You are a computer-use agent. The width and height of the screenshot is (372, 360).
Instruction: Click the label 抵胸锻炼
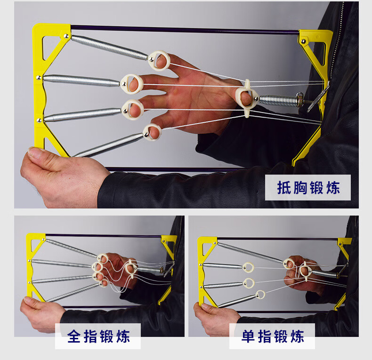pos(308,188)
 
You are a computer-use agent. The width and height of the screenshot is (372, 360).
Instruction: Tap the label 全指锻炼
pos(98,336)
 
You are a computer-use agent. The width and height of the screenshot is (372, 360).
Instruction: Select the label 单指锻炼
pos(273,336)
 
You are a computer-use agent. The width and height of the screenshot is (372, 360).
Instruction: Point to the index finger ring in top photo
pos(160,61)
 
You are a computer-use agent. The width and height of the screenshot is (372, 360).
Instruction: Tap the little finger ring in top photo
pos(152,132)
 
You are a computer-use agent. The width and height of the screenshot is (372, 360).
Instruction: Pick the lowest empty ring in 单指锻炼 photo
pos(258,295)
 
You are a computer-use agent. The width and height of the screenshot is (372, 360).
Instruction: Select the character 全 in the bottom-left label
pos(75,336)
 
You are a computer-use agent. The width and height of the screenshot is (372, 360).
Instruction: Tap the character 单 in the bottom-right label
pos(249,336)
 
